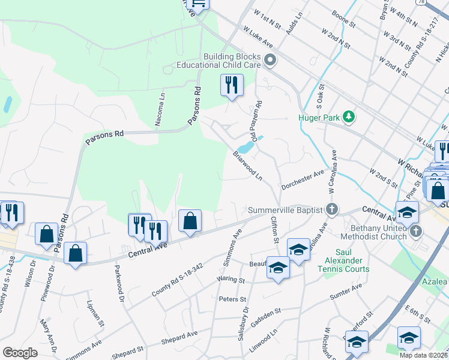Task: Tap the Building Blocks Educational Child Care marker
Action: (270, 59)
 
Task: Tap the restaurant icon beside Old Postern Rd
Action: (232, 85)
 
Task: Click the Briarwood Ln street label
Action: (247, 166)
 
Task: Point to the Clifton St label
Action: (276, 230)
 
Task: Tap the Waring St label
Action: (231, 280)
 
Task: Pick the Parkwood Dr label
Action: (118, 283)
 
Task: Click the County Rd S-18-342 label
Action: (178, 281)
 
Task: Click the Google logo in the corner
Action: (20, 352)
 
